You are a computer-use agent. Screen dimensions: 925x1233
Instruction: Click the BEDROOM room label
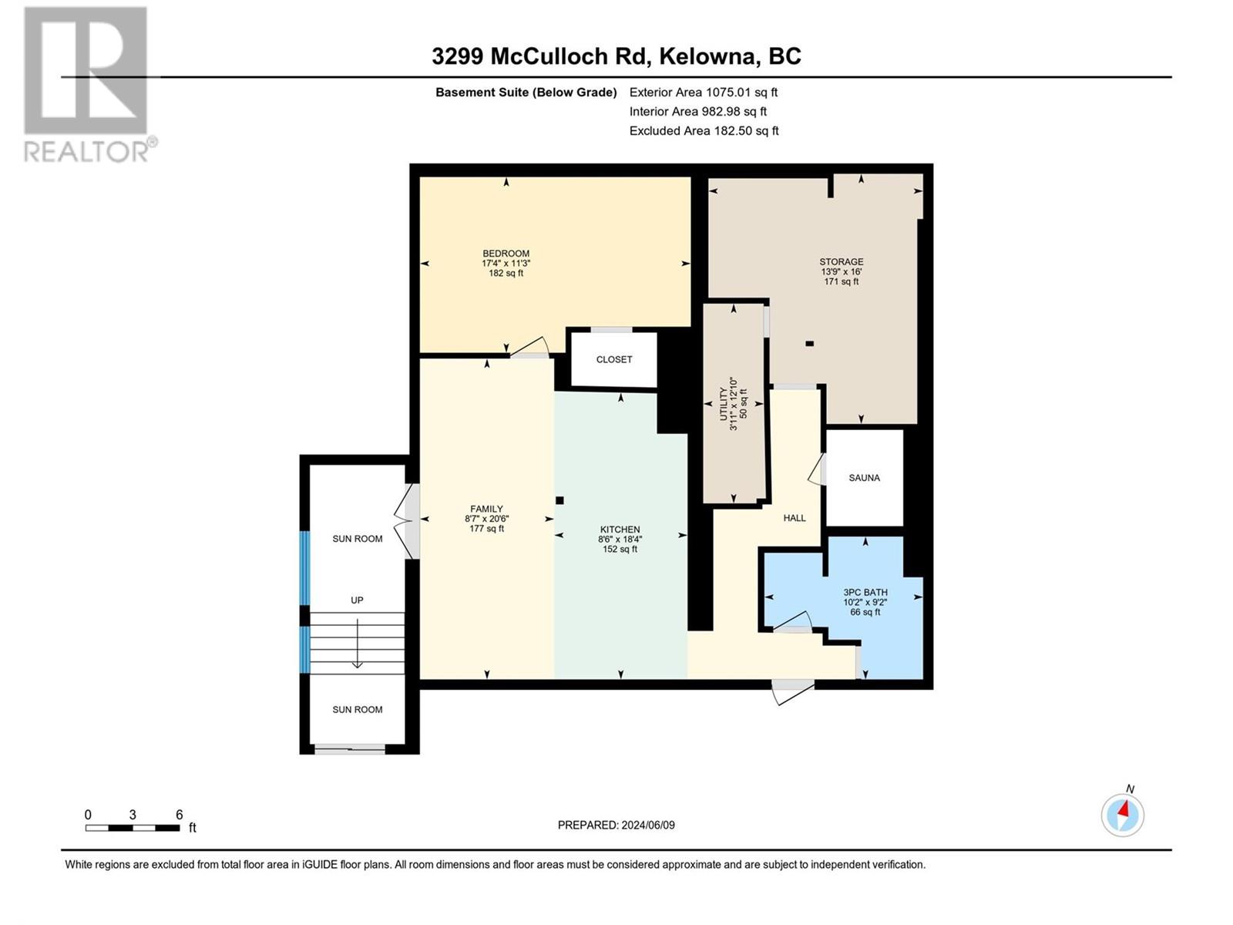point(506,254)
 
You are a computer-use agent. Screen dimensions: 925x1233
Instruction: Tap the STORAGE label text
point(841,262)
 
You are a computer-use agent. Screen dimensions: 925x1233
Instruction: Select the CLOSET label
point(613,359)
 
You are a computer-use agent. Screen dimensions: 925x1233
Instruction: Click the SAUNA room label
point(864,478)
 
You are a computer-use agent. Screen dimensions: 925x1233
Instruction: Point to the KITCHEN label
point(620,530)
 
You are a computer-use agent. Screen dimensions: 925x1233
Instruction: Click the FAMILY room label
point(486,509)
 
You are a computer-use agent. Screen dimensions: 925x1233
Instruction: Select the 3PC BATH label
point(865,593)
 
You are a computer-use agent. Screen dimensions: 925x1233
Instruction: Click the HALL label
point(794,518)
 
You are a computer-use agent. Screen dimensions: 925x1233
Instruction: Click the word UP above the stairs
point(357,600)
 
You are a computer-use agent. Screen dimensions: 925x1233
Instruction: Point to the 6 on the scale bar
point(179,815)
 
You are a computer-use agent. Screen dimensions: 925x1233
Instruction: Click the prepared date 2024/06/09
point(647,825)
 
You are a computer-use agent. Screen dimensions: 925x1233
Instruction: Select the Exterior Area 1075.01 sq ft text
point(703,92)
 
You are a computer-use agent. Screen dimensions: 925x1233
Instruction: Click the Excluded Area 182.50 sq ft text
point(703,131)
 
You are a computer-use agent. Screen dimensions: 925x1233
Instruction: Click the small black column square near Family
point(560,500)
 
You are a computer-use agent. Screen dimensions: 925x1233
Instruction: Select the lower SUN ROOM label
point(357,709)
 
